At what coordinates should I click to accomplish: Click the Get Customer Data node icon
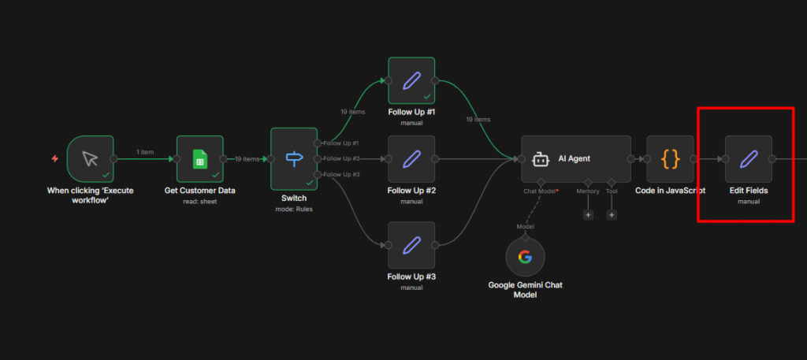click(x=200, y=159)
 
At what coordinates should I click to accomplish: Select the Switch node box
click(x=294, y=159)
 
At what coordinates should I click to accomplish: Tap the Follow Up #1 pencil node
click(x=411, y=80)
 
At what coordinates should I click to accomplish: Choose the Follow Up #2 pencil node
click(x=411, y=159)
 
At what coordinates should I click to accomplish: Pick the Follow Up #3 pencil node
click(x=411, y=245)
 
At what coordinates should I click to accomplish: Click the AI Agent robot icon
click(x=540, y=159)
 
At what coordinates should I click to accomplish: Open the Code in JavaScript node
click(x=670, y=159)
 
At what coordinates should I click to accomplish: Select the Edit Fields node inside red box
click(x=748, y=159)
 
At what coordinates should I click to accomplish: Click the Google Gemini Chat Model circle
click(x=525, y=257)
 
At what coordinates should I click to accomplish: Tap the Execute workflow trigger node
click(x=90, y=159)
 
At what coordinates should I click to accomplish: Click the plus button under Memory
click(x=588, y=214)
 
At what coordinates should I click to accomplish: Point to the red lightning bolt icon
click(x=54, y=158)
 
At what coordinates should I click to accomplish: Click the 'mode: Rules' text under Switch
click(x=294, y=209)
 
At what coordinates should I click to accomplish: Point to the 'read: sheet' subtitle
click(x=200, y=201)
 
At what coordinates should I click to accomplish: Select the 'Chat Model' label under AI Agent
click(x=540, y=191)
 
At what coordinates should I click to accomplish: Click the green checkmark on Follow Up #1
click(x=426, y=96)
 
